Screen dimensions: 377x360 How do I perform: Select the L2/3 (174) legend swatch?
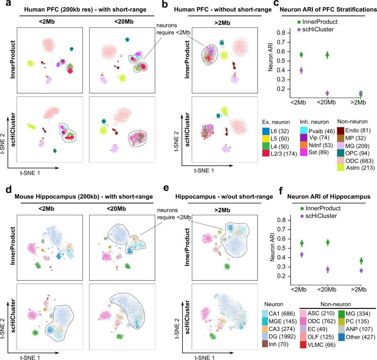click(x=266, y=154)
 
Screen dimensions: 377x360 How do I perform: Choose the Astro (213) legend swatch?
click(x=341, y=168)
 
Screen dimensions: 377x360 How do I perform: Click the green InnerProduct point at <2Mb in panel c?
click(x=301, y=55)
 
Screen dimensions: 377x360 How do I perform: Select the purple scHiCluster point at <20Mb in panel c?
click(x=327, y=93)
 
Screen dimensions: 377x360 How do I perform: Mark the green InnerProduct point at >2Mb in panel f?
click(x=361, y=261)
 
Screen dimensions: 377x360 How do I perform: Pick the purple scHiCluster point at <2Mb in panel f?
click(x=302, y=255)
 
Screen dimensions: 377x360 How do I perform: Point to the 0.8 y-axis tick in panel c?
click(x=281, y=33)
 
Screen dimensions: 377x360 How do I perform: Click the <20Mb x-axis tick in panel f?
click(x=327, y=290)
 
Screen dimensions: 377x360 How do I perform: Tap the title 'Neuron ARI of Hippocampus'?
click(x=329, y=197)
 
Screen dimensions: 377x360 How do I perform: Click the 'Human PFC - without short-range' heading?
click(x=223, y=9)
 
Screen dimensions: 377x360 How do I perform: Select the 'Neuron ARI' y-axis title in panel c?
click(x=270, y=57)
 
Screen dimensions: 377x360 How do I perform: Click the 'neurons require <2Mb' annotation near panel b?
click(x=173, y=29)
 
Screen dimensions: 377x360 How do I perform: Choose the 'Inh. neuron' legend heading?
click(x=314, y=122)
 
